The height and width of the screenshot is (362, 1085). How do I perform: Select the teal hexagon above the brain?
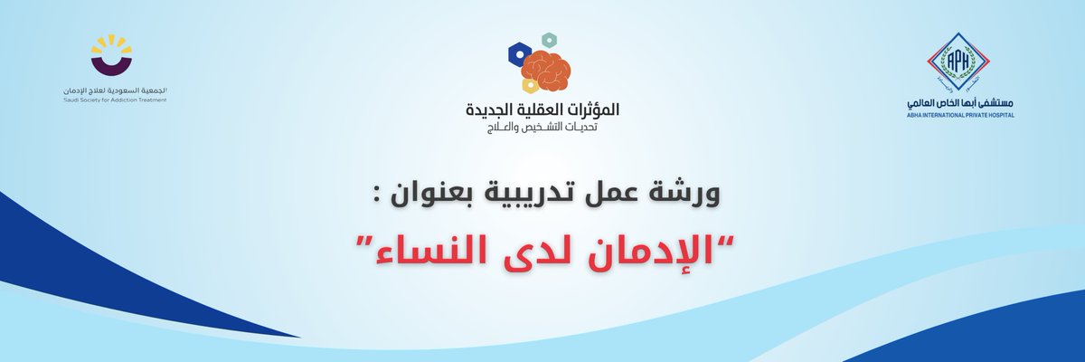[x=547, y=40]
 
